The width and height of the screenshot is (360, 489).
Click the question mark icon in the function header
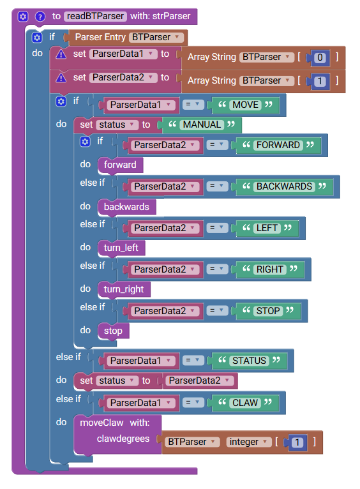[x=40, y=16]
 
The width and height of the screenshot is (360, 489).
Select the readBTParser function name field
[x=95, y=16]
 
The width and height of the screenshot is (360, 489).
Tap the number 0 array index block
[x=320, y=57]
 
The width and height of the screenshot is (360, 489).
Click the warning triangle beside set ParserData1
[x=61, y=54]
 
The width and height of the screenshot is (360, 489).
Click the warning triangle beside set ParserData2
[x=61, y=78]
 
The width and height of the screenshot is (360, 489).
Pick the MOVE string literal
[x=245, y=105]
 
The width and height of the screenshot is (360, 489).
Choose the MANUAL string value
[x=202, y=124]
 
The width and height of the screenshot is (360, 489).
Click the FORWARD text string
[x=278, y=145]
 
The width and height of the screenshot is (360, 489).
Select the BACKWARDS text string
[x=284, y=186]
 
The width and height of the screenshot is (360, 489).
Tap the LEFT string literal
[x=267, y=228]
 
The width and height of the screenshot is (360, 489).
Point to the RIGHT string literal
[x=269, y=269]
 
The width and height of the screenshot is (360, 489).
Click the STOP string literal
[x=268, y=311]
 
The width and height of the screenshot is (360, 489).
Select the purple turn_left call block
[x=121, y=248]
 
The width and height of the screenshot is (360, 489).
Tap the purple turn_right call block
[x=124, y=289]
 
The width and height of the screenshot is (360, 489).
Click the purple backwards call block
[x=126, y=207]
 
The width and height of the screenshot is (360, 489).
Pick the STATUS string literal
[x=250, y=361]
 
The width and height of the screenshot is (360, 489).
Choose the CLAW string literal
[x=245, y=403]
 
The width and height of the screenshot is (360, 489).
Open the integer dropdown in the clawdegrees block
[x=249, y=442]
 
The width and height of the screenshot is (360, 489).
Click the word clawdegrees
[x=123, y=439]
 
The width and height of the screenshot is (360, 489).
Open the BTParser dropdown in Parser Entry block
[x=156, y=38]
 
